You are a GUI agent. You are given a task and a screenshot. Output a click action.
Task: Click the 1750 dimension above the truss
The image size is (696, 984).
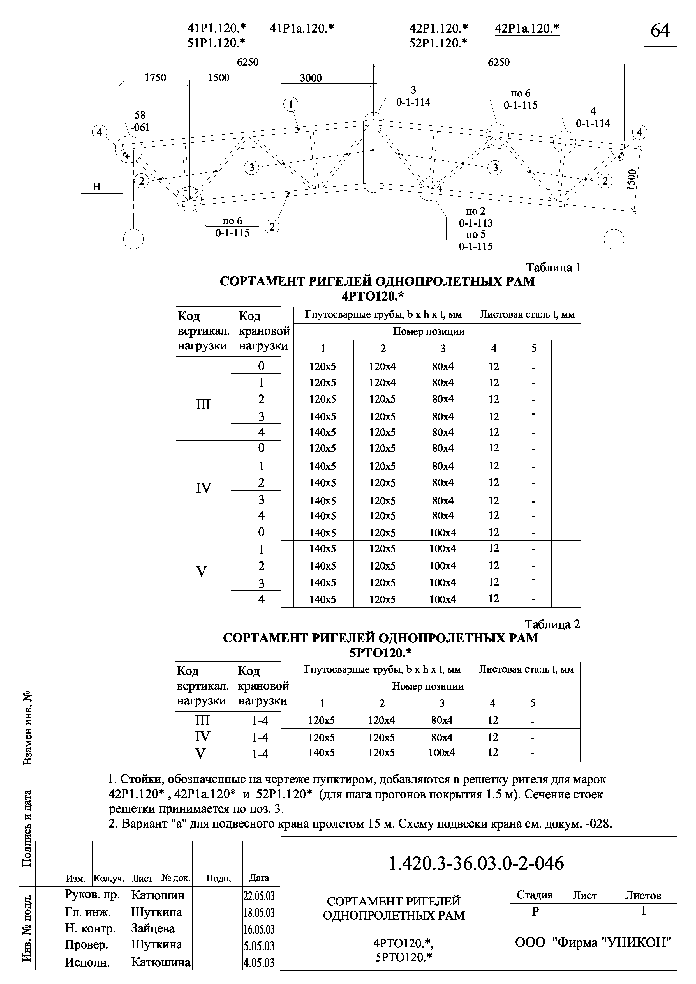[155, 78]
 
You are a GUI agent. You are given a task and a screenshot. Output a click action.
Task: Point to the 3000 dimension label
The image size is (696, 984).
[311, 78]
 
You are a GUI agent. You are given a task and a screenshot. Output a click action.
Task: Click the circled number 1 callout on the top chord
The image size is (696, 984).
[291, 104]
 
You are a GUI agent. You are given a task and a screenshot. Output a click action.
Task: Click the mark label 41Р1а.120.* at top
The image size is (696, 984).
[302, 29]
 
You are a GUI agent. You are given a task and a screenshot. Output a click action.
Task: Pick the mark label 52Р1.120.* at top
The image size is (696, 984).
[438, 43]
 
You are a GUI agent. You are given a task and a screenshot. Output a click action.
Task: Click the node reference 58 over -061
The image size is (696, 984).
[140, 121]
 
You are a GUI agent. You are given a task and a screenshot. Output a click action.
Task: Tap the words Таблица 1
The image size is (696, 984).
[553, 268]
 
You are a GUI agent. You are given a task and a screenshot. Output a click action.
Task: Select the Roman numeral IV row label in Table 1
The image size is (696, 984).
[203, 488]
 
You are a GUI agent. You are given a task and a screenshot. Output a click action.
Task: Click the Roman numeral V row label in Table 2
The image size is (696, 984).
[201, 753]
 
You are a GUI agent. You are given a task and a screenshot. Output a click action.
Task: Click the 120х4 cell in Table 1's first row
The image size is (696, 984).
[383, 366]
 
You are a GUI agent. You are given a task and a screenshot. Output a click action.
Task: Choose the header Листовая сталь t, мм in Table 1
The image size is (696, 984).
[527, 315]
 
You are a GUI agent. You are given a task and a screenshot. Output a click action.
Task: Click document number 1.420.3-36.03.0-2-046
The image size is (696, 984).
[476, 863]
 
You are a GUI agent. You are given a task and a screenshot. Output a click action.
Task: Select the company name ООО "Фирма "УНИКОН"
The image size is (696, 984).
[593, 942]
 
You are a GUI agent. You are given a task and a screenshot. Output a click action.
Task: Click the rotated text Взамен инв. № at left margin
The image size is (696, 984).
[27, 728]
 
